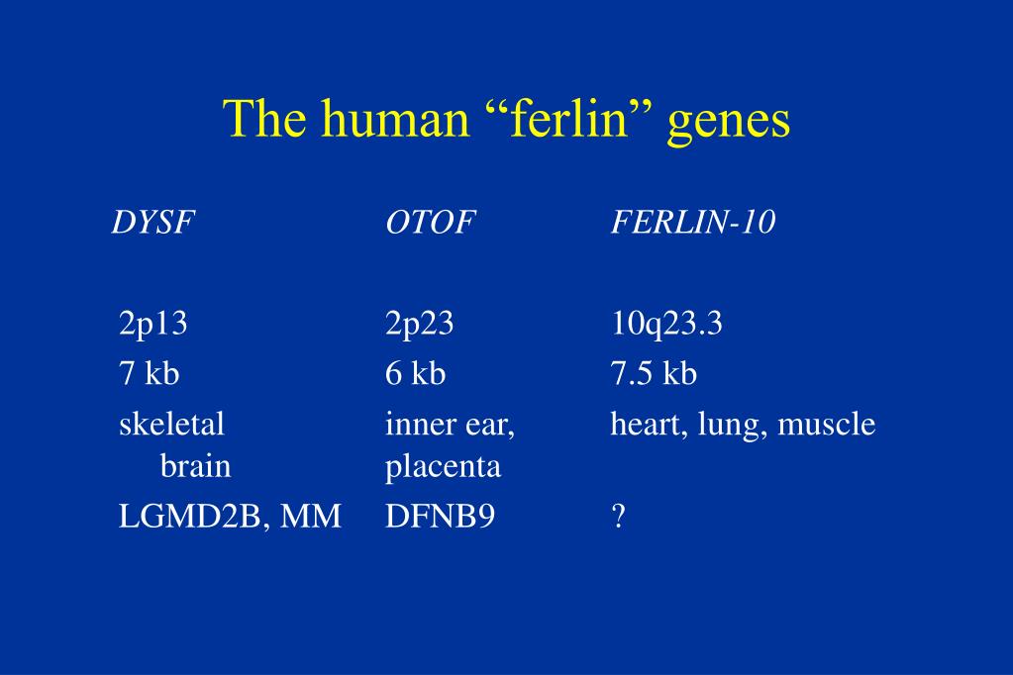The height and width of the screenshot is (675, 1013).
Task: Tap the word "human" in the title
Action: click(x=395, y=120)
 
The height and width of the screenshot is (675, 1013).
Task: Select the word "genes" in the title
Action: click(x=729, y=124)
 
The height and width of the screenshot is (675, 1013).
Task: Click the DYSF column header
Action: click(x=153, y=223)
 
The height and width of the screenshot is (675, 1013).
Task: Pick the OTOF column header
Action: click(x=431, y=223)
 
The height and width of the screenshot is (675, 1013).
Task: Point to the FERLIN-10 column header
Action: click(x=693, y=223)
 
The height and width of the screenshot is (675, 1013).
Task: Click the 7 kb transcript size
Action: click(x=150, y=373)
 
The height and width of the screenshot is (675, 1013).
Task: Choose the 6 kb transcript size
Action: click(x=416, y=373)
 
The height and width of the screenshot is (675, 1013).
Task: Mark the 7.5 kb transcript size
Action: click(x=654, y=373)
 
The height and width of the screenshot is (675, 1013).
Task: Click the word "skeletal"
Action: click(x=172, y=425)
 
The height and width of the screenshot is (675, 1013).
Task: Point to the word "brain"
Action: click(x=196, y=466)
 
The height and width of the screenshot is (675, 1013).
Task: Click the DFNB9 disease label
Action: click(x=440, y=516)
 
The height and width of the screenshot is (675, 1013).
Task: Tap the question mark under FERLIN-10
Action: click(x=618, y=516)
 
